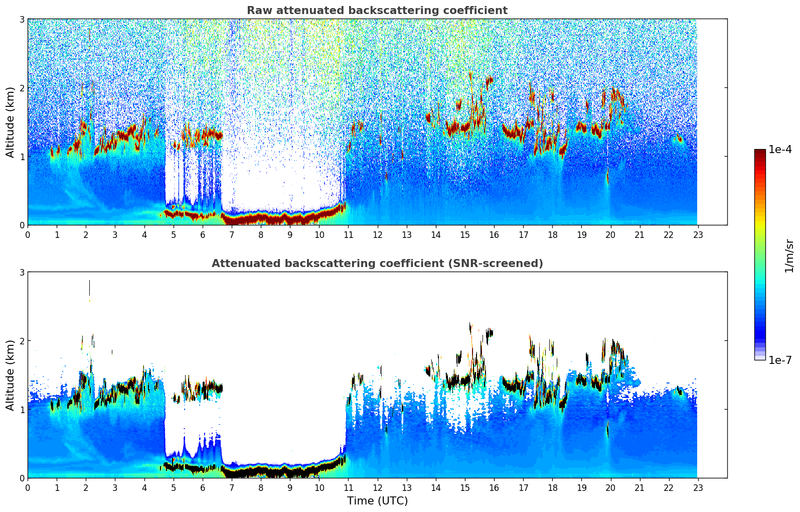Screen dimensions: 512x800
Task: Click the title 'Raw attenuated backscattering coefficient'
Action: pyautogui.click(x=377, y=11)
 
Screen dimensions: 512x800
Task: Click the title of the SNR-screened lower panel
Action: pyautogui.click(x=377, y=264)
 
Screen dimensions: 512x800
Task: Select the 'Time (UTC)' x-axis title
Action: pyautogui.click(x=377, y=500)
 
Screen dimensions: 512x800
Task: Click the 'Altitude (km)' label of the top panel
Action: pyautogui.click(x=10, y=122)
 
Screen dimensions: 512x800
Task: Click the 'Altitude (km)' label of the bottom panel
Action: pyautogui.click(x=10, y=375)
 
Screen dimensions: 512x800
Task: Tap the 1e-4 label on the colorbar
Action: pyautogui.click(x=780, y=150)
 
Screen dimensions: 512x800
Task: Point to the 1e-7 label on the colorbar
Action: pyautogui.click(x=780, y=360)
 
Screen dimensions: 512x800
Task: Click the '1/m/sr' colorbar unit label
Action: pyautogui.click(x=789, y=255)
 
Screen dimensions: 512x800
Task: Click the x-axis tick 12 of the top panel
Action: pyautogui.click(x=377, y=234)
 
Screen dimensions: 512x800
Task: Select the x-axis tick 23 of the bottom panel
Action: pyautogui.click(x=698, y=487)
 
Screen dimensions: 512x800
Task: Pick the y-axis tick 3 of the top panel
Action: pyautogui.click(x=22, y=19)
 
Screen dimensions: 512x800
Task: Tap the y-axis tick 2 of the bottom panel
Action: pyautogui.click(x=22, y=341)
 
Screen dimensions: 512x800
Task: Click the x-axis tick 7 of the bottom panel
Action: pyautogui.click(x=232, y=487)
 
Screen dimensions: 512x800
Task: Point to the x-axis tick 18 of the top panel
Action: pyautogui.click(x=552, y=234)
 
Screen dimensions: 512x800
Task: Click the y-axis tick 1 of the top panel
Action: pyautogui.click(x=22, y=157)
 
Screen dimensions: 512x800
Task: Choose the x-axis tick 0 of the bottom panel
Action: pyautogui.click(x=28, y=487)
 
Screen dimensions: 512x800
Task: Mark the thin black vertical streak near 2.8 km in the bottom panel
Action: pyautogui.click(x=89, y=288)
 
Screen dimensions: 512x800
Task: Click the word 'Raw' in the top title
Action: pyautogui.click(x=257, y=11)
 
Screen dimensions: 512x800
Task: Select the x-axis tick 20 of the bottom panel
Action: pyautogui.click(x=610, y=487)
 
